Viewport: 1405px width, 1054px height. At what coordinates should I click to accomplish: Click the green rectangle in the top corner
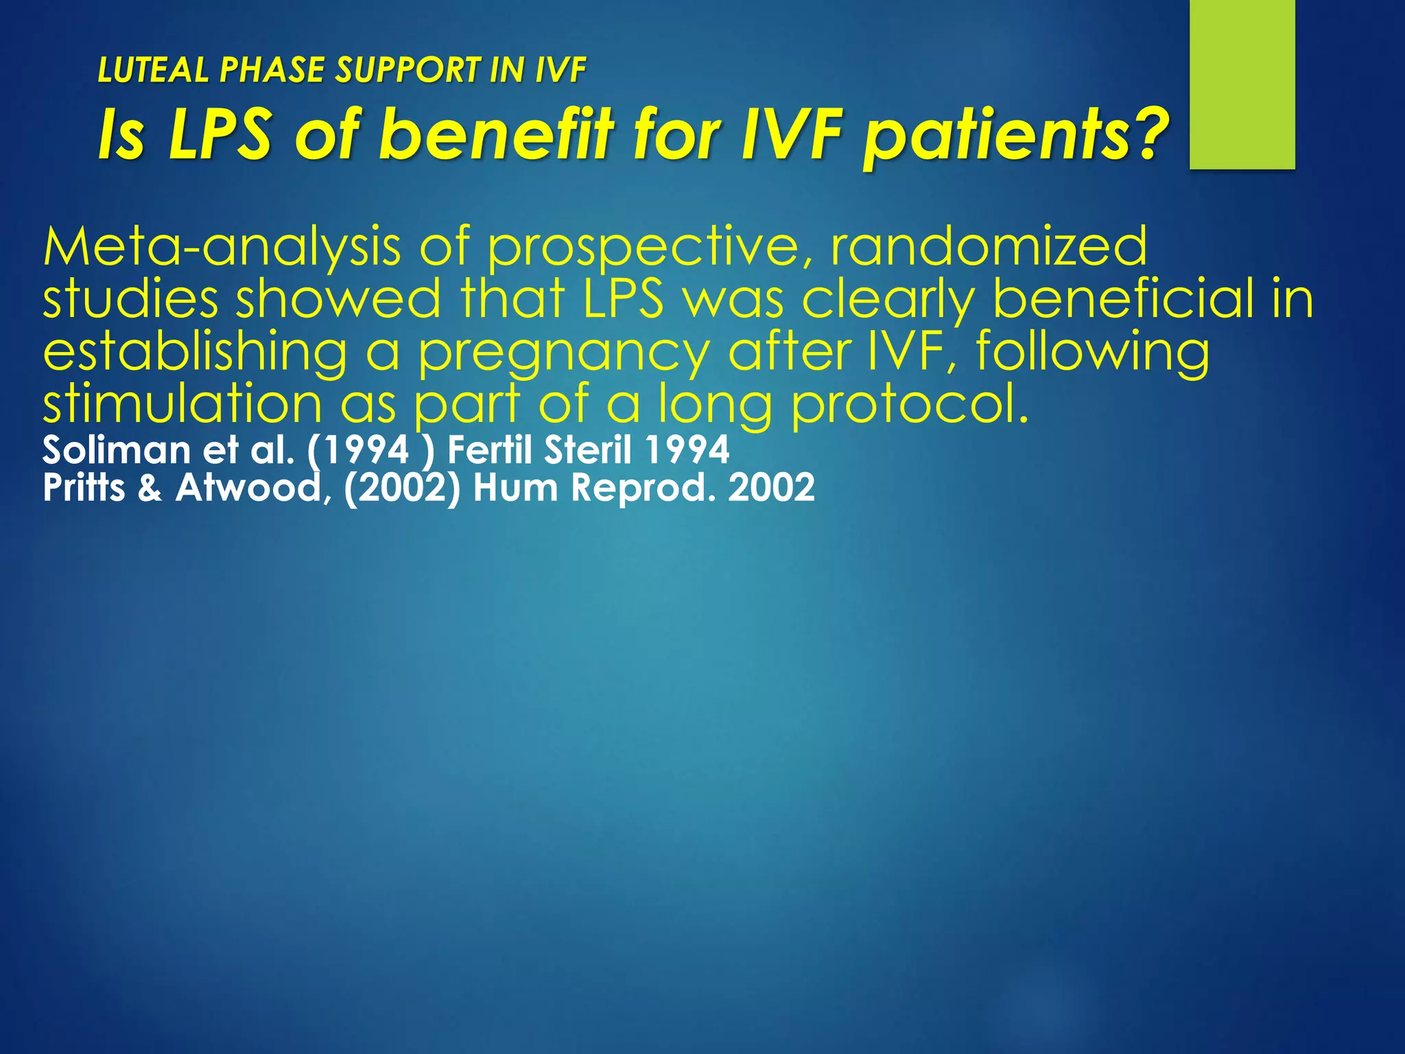click(1242, 84)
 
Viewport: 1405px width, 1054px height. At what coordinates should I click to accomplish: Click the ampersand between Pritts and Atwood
click(150, 489)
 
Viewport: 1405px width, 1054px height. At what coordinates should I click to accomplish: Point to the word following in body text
click(1092, 351)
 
